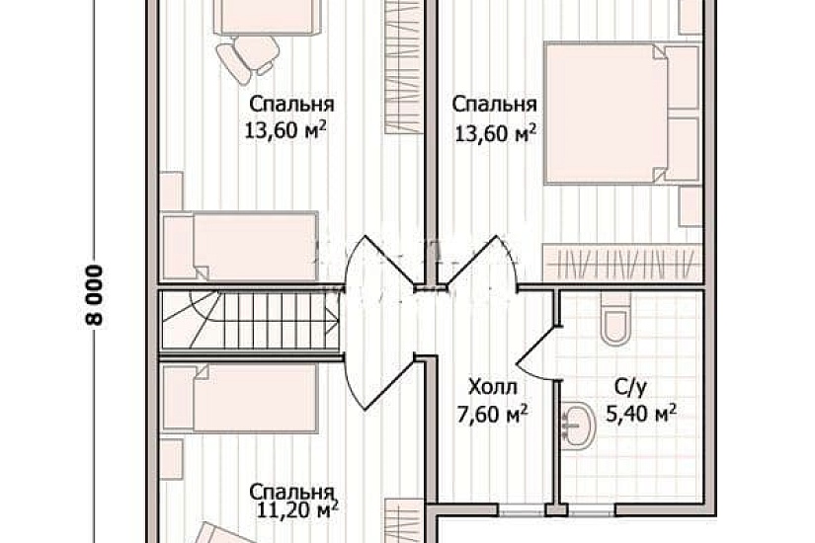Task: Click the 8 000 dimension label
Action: (95, 295)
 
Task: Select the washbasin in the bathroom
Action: (576, 424)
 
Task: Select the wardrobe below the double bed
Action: (622, 264)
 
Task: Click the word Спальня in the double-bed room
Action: (494, 104)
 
